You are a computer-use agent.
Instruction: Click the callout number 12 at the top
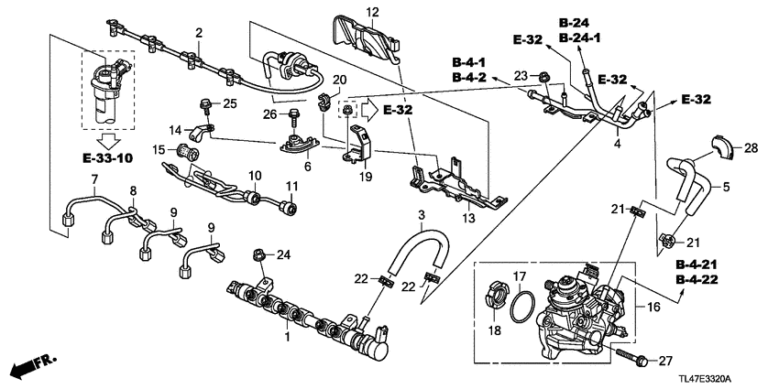pos(346,11)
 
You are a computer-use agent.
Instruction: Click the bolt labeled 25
pos(204,103)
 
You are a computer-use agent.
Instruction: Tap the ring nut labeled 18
pos(493,298)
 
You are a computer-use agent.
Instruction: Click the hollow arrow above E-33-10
pos(108,141)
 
